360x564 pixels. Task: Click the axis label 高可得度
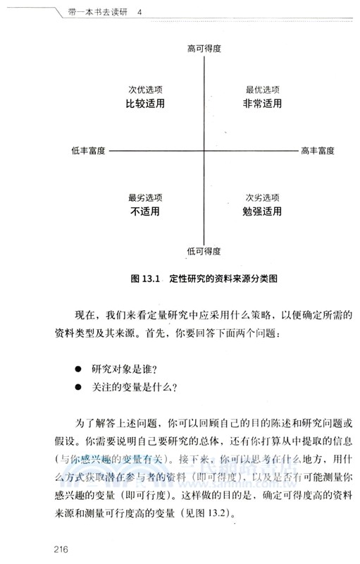coord(204,48)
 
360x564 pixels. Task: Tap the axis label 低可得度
coord(204,251)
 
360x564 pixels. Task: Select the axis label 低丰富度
coord(88,150)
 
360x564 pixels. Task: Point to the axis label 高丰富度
coord(317,150)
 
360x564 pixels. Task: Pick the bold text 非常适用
coord(263,104)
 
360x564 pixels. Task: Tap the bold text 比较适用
coord(145,104)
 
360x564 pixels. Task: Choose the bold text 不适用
coord(145,211)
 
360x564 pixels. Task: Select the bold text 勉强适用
coord(263,211)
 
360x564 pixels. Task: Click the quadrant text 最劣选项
coord(145,197)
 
